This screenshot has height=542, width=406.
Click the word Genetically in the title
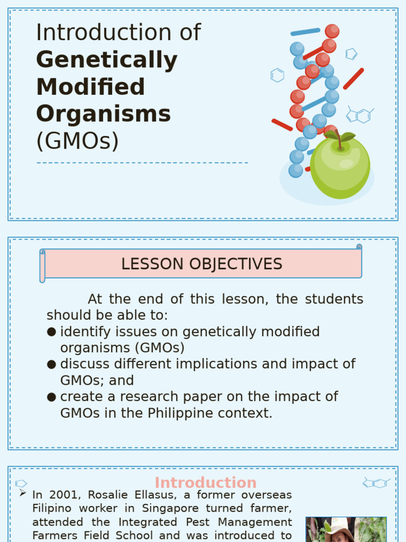point(106,60)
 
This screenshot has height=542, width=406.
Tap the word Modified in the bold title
point(90,87)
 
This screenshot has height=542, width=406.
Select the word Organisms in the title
point(103,114)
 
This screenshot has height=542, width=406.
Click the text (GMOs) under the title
point(77,141)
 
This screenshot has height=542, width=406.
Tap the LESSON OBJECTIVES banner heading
point(201,264)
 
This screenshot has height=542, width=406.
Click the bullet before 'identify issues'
point(51,332)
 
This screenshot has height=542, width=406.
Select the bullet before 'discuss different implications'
point(51,364)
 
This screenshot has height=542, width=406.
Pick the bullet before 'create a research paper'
point(51,397)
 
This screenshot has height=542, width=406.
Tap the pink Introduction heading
point(205,483)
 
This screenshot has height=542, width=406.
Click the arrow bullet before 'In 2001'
point(23,493)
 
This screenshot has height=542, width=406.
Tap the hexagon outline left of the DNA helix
point(277,75)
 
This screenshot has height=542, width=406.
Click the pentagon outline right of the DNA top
point(351,53)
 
